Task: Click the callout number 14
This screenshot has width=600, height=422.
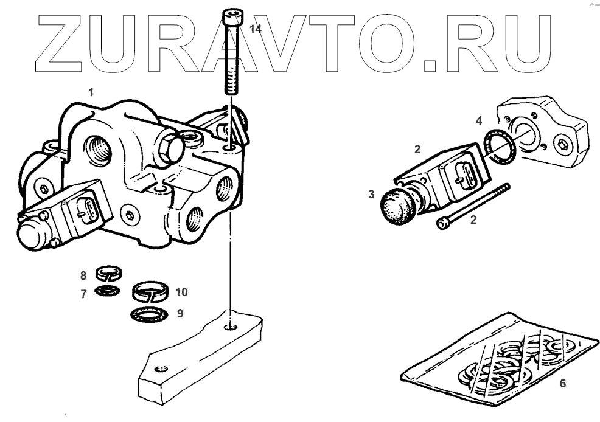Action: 256,29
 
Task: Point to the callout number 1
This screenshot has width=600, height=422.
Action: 91,93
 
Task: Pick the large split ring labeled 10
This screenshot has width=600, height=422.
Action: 152,291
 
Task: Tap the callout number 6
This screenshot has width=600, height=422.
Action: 562,383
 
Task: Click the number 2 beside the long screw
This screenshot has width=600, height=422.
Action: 473,220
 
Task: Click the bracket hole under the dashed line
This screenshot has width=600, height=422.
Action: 230,327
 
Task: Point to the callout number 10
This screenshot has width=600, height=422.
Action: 181,292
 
